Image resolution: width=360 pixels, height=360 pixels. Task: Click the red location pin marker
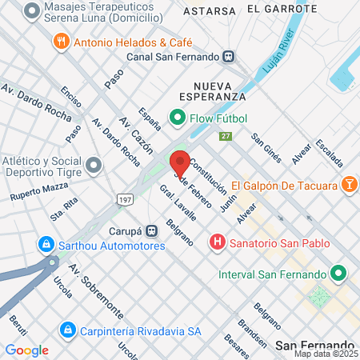point(180,162)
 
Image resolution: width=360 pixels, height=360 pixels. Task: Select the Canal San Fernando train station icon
point(229,57)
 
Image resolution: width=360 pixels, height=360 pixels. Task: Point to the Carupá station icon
point(151,230)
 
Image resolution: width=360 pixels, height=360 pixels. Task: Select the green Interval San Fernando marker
point(338,274)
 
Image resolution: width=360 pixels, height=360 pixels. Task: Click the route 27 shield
point(226,137)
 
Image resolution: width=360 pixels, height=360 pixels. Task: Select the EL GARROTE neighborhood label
point(276,10)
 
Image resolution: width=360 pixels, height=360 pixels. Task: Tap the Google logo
point(26,350)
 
